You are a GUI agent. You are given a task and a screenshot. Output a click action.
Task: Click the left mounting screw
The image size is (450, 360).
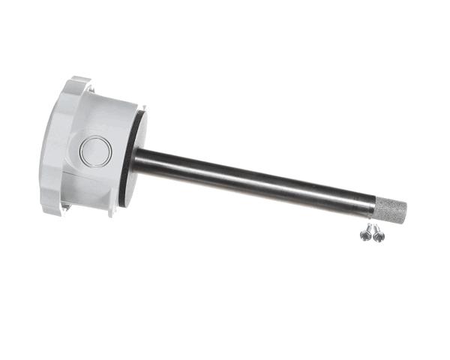coord(366,234)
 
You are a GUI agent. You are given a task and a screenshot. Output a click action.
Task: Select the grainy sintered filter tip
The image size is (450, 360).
coord(391,210)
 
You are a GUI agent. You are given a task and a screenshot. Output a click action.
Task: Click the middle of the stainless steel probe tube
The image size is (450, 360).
coord(255,180)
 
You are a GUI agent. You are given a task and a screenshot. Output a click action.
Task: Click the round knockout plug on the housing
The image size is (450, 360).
coord(96,151)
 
